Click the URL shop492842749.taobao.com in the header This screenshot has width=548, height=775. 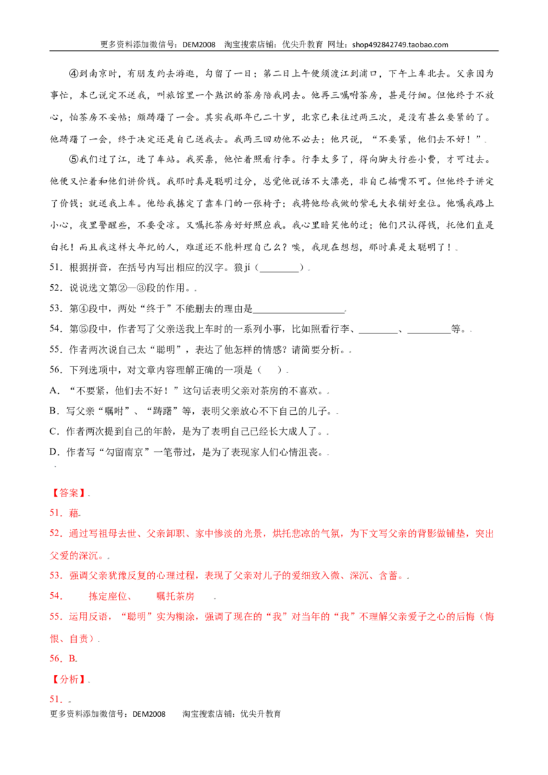pyautogui.click(x=400, y=45)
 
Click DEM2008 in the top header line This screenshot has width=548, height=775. pyautogui.click(x=199, y=45)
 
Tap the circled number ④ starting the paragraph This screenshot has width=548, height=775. pyautogui.click(x=74, y=74)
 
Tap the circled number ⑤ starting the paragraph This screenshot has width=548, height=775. pyautogui.click(x=74, y=160)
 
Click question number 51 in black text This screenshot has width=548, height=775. pyautogui.click(x=56, y=268)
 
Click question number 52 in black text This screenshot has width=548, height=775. pyautogui.click(x=56, y=288)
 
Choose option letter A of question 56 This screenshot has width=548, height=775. pyautogui.click(x=54, y=390)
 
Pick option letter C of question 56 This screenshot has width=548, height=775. pyautogui.click(x=54, y=431)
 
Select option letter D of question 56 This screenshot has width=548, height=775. pyautogui.click(x=54, y=453)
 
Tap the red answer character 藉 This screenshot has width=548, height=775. pyautogui.click(x=74, y=513)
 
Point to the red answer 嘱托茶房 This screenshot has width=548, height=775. pyautogui.click(x=175, y=596)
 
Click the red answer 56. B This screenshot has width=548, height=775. pyautogui.click(x=63, y=659)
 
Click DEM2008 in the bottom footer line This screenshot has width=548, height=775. pyautogui.click(x=149, y=713)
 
